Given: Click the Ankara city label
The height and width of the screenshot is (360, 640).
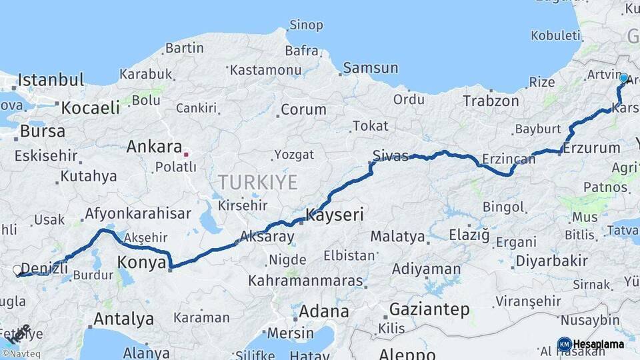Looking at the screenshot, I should point(154,146).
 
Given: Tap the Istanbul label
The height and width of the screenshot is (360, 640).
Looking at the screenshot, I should point(51,81).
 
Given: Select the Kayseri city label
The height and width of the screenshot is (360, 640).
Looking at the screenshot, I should point(335,215).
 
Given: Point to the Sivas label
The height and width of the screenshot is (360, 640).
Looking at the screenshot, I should point(391,156).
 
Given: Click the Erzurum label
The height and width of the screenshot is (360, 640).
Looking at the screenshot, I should point(592,148).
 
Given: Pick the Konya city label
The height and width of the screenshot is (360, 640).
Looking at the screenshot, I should point(141,263).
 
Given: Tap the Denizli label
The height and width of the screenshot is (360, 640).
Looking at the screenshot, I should point(45,268).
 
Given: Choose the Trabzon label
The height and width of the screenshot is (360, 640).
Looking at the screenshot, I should point(491,101).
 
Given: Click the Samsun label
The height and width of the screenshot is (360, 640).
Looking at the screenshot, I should point(372,68).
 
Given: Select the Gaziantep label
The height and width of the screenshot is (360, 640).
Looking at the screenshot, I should point(429,309).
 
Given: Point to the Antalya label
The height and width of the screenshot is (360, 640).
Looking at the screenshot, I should point(123,319).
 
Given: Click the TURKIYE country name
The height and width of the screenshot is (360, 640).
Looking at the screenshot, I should point(257,182).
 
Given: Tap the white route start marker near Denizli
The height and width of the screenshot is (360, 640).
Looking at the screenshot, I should point(17,270).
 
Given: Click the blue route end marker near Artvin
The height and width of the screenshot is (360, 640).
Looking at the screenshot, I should point(623,78).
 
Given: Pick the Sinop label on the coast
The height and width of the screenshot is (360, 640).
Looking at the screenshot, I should point(306,25).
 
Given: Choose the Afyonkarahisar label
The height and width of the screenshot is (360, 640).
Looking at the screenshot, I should point(138,214).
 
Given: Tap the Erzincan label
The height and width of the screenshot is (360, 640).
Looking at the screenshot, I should point(509,159).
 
